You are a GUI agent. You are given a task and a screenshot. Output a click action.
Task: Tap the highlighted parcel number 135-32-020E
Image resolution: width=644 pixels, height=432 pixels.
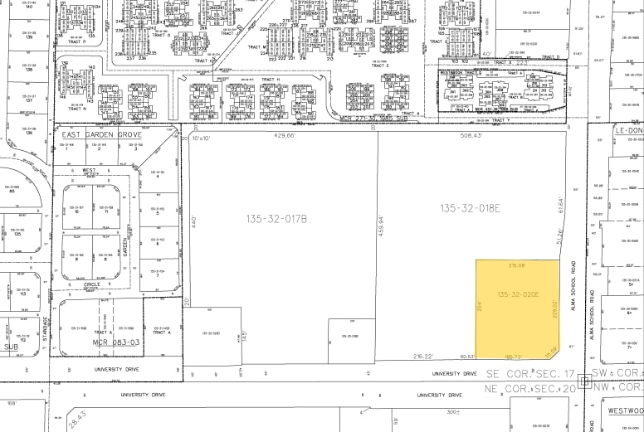[519, 294]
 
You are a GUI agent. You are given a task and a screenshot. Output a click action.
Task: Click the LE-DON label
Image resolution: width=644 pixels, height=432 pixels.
[628, 131]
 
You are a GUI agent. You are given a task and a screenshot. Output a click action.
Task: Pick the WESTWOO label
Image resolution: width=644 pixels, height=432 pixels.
[624, 410]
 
